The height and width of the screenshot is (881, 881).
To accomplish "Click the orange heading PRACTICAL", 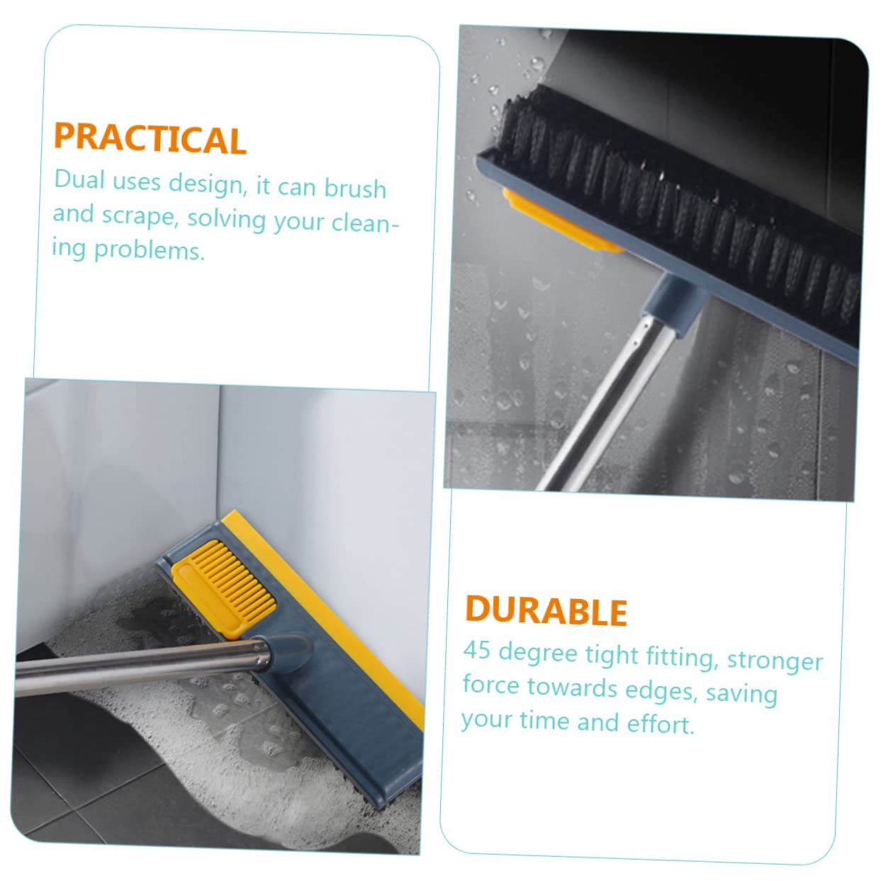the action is pos(150,138).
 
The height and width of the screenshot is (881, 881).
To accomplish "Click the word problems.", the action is pos(149,249).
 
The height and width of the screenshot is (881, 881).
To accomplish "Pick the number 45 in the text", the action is pos(478,649).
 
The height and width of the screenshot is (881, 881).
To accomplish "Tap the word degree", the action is pos(538,653).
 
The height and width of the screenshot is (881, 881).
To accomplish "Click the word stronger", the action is pos(775,661).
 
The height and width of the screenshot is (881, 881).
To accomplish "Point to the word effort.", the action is pos(661,724).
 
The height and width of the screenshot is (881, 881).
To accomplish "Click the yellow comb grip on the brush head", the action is pos(223,588).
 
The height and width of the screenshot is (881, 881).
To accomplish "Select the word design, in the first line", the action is pos(208,185).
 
